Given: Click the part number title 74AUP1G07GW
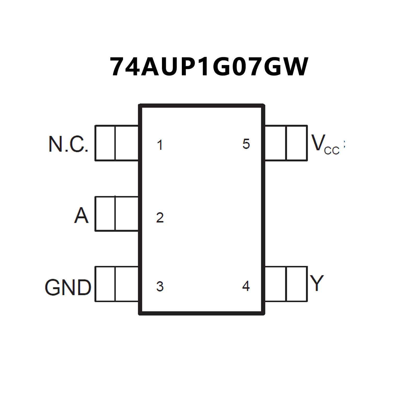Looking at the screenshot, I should click(209, 67).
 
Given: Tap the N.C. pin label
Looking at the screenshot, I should click(68, 144).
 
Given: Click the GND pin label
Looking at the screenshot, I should click(68, 287).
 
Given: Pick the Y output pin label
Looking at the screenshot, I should click(317, 283).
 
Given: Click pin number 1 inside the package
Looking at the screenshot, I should click(160, 145).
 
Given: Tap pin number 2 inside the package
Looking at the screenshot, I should click(160, 218).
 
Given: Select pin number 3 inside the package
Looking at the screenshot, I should click(160, 287).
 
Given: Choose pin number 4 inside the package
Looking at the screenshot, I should click(246, 286).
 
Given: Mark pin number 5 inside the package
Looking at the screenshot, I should click(246, 144).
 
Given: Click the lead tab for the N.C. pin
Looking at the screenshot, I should click(117, 143).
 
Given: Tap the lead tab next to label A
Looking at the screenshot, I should click(117, 214).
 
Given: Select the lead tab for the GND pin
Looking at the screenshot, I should click(117, 284).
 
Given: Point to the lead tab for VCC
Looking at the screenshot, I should click(286, 143).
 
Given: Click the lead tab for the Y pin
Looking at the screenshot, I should click(286, 284).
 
